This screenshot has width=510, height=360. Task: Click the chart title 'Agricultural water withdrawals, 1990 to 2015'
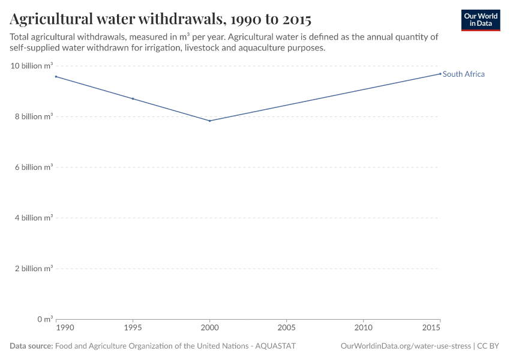point(160,19)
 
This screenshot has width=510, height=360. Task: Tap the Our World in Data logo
point(480,20)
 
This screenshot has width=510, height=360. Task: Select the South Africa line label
point(463,74)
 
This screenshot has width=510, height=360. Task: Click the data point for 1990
point(56,76)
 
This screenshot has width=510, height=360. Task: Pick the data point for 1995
point(133,98)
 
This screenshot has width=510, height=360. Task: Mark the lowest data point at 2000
point(209,121)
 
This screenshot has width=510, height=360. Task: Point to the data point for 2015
point(440,74)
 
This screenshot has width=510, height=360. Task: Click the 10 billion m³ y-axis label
point(32,66)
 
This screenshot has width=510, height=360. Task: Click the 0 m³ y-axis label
point(44,319)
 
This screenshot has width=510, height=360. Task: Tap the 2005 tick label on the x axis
point(286,328)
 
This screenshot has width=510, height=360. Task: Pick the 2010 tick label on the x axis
point(363,328)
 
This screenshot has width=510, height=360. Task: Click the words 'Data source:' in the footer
point(31,346)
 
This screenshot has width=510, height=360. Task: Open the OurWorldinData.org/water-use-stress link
point(406,346)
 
